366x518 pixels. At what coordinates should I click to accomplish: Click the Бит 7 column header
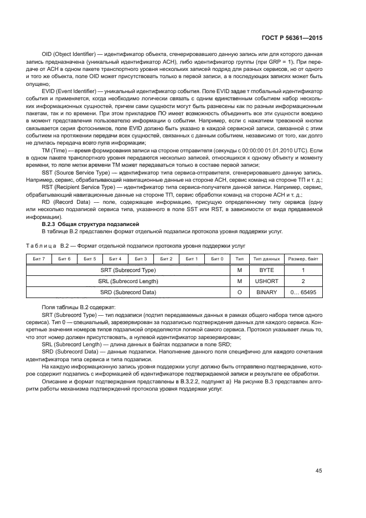pos(39,259)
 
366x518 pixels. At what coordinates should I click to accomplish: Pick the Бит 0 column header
pos(218,259)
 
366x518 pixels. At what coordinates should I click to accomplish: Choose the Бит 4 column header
pos(116,259)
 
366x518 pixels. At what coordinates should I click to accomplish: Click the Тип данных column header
pos(267,259)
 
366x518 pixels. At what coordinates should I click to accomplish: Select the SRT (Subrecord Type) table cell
pos(128,270)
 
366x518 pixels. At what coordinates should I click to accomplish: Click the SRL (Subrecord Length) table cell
pos(128,281)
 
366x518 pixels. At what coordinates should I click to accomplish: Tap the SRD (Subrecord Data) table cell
pos(128,292)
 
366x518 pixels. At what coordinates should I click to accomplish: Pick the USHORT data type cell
pos(267,281)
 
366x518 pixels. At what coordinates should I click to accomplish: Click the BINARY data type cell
pos(267,292)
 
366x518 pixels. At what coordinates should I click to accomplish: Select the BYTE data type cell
pos(267,270)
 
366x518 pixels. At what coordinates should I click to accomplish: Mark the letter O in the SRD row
pos(240,292)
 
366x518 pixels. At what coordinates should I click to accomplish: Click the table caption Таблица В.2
pos(50,245)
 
